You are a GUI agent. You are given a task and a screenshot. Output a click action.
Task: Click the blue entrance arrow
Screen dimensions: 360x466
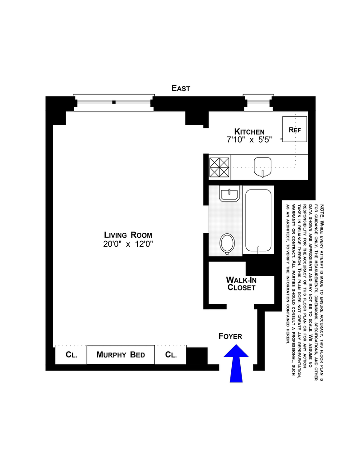236,364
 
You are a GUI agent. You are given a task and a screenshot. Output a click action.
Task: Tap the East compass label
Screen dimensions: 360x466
181,88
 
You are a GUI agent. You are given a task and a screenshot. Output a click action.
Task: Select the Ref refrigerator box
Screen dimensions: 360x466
295,130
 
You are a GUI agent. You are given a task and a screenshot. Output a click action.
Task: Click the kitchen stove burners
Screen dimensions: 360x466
220,167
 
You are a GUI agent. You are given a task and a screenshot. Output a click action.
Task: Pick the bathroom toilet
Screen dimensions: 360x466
227,243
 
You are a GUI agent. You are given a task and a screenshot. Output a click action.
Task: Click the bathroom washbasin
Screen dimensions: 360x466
229,195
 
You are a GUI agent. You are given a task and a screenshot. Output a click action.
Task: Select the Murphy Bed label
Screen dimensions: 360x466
121,355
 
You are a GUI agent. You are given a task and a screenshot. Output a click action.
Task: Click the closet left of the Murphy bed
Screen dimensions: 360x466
71,355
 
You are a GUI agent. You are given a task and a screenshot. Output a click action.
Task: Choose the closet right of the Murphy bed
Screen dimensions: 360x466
171,355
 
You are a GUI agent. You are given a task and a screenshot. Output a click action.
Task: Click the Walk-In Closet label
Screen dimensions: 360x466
241,284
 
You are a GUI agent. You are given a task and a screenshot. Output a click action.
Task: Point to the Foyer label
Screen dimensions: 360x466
230,336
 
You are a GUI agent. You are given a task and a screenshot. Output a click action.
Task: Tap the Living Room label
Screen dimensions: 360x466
128,235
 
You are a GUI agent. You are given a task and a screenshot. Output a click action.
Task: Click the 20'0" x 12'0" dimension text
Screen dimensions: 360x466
128,244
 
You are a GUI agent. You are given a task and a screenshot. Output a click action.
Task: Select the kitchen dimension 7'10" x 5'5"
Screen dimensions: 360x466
246,140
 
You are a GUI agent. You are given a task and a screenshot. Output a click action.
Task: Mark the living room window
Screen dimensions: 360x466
114,103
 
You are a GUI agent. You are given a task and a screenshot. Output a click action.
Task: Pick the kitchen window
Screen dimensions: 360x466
258,103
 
